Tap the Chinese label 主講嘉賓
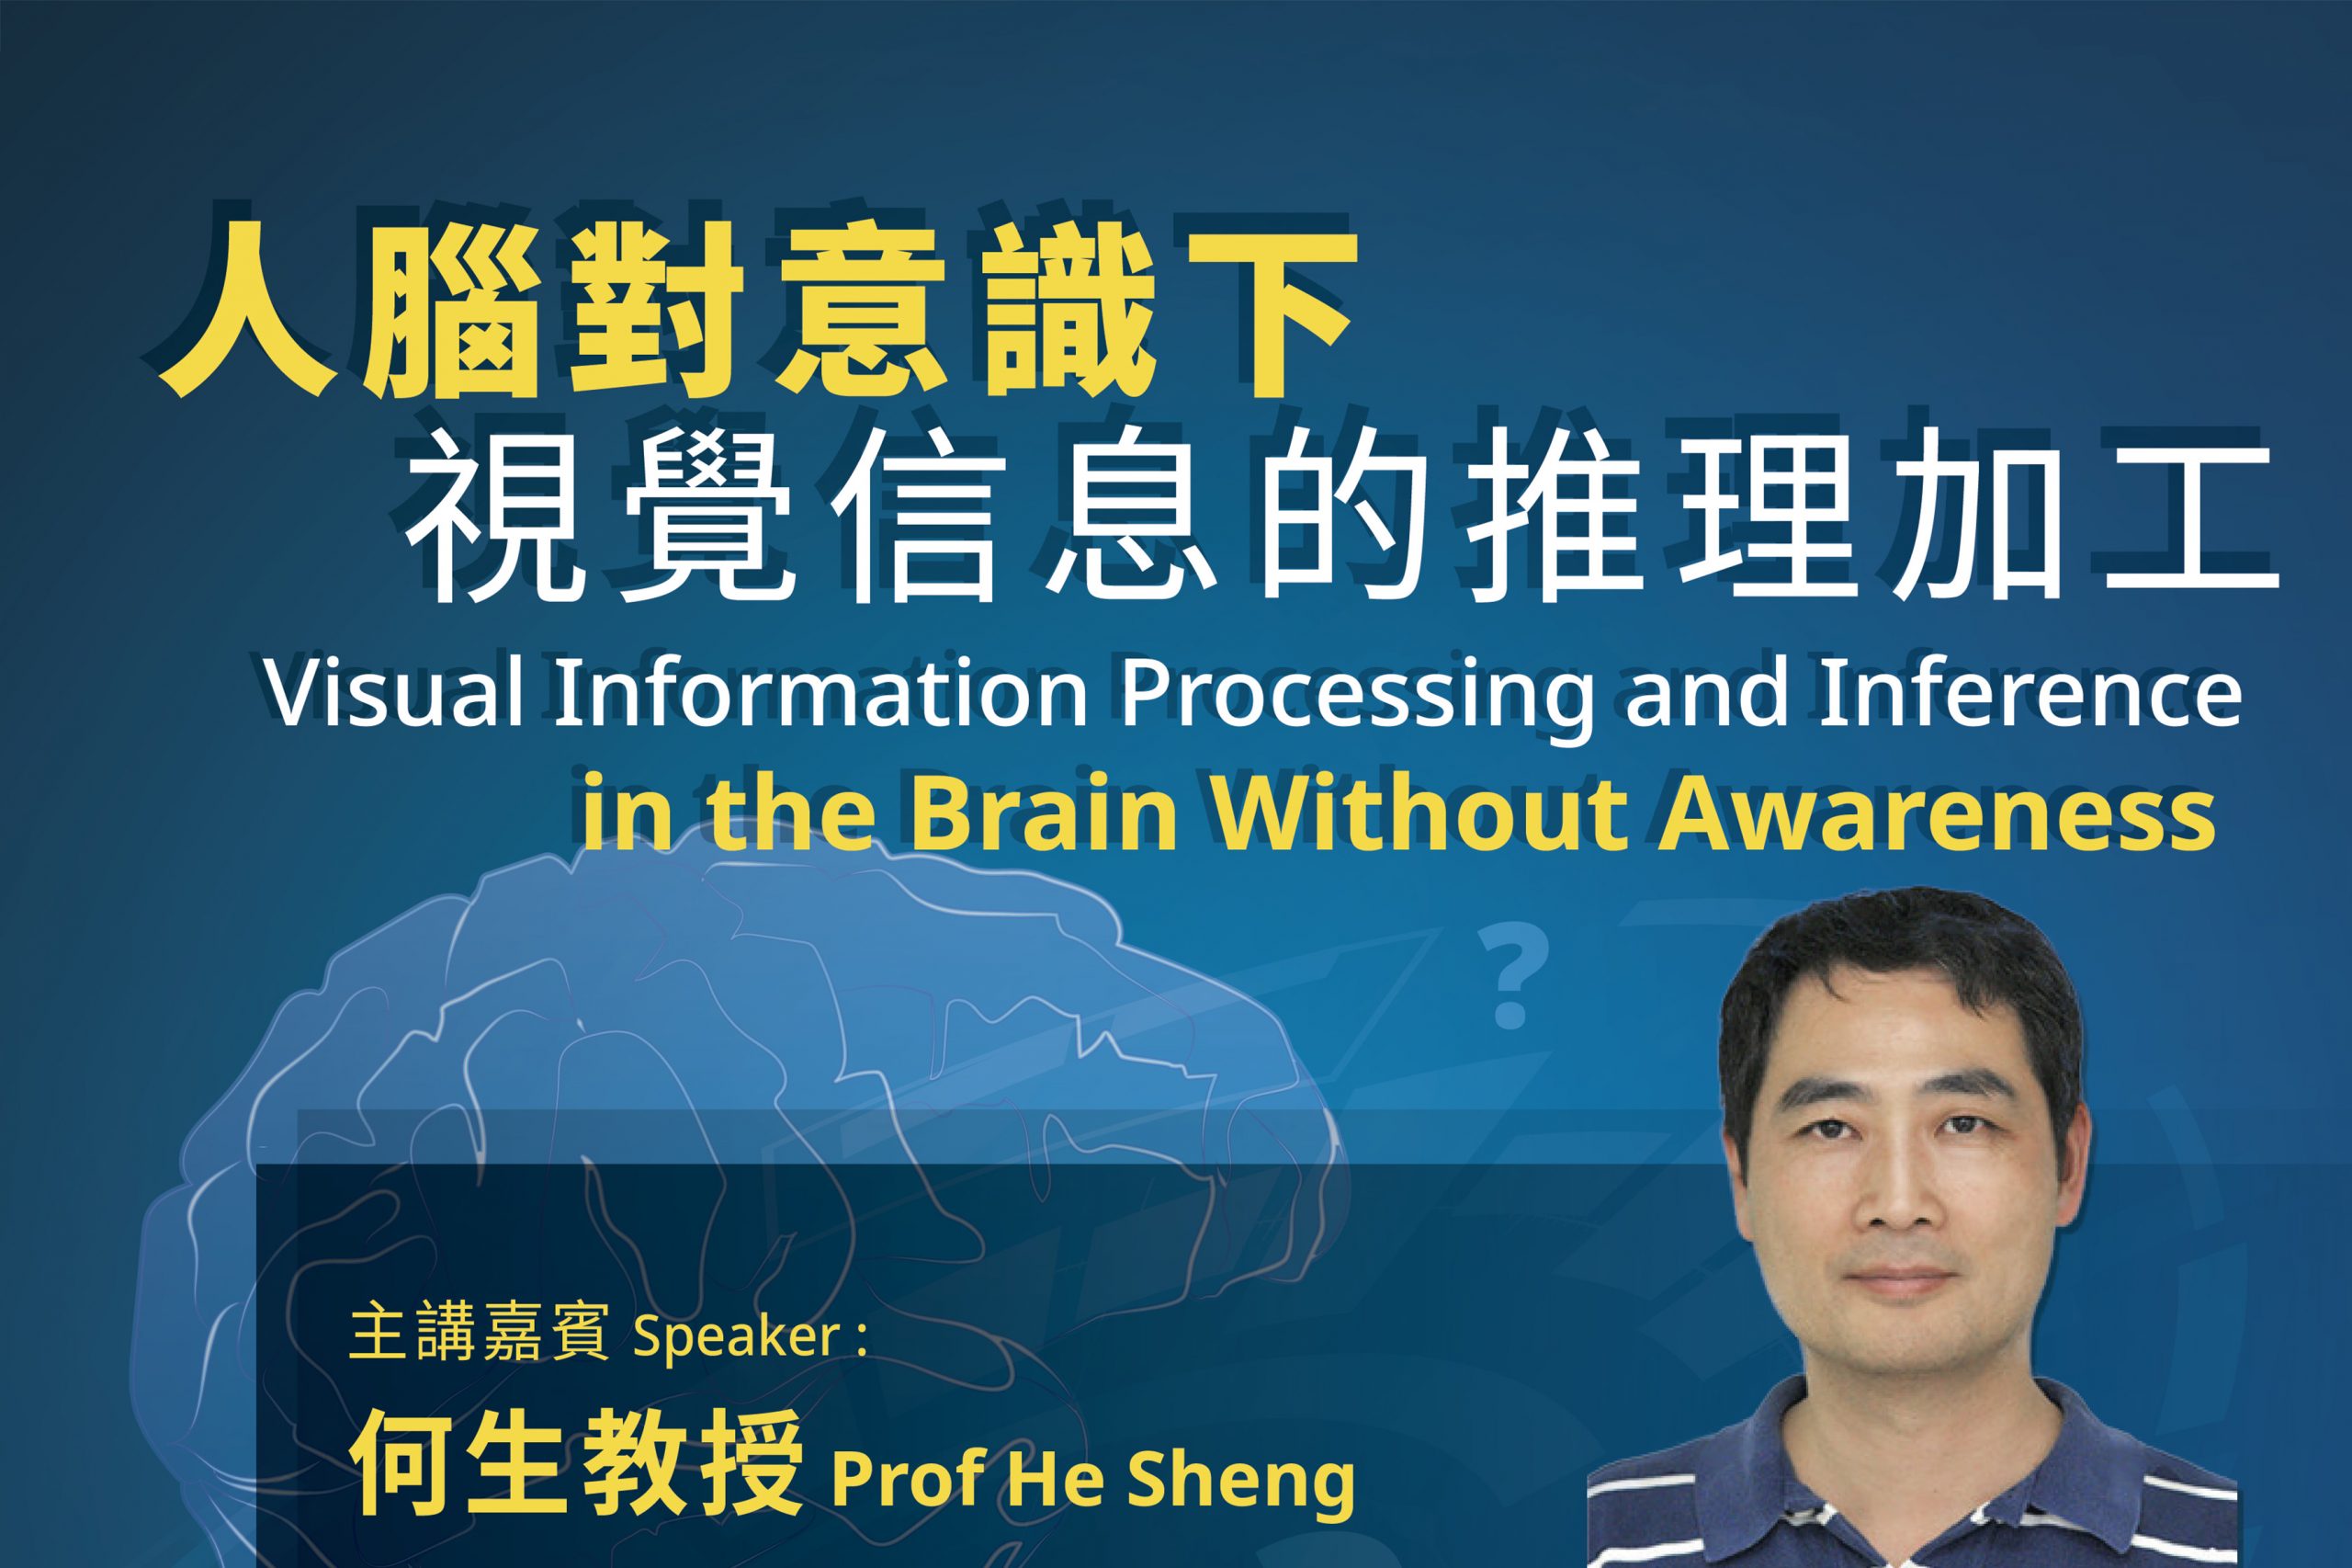pos(480,1338)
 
